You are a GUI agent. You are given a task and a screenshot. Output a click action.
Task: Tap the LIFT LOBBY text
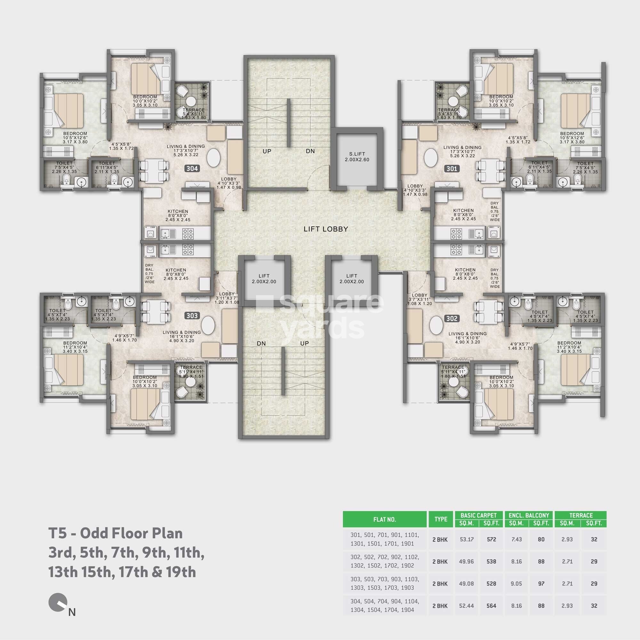pyautogui.click(x=326, y=229)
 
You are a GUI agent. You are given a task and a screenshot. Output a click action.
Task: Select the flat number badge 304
pyautogui.click(x=192, y=169)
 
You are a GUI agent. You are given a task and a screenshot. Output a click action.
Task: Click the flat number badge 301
pyautogui.click(x=452, y=169)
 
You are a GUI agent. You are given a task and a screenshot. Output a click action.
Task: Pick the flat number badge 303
pyautogui.click(x=192, y=316)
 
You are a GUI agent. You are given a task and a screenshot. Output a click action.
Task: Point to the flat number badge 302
pyautogui.click(x=452, y=319)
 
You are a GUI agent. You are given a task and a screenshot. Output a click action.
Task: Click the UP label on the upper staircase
pyautogui.click(x=267, y=151)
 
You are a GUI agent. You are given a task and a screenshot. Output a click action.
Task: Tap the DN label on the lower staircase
pyautogui.click(x=261, y=343)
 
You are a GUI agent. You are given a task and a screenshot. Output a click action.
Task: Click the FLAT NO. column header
pyautogui.click(x=385, y=519)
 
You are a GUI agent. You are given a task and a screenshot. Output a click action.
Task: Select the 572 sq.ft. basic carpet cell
pyautogui.click(x=491, y=539)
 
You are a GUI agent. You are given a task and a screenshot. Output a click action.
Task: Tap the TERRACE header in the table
pyautogui.click(x=581, y=515)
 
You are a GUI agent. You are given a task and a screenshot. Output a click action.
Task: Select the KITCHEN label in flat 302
pyautogui.click(x=465, y=270)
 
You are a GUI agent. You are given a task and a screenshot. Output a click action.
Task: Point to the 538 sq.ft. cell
pyautogui.click(x=491, y=562)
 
